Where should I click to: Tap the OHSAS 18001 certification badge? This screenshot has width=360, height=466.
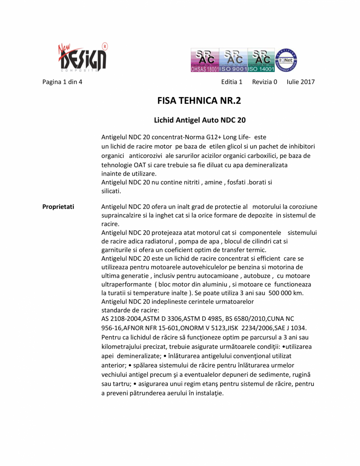[x=204, y=60]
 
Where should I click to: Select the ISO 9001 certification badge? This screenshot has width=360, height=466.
[x=233, y=60]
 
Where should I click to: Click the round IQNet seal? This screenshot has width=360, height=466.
[x=287, y=60]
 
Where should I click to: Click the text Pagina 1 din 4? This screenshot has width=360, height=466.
[x=62, y=82]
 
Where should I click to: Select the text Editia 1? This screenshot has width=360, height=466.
[x=232, y=82]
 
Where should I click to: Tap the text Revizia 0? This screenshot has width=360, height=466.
[x=264, y=82]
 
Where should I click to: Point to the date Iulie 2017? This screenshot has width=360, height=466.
[x=300, y=82]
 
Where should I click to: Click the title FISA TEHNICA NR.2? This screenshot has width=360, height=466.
[x=199, y=101]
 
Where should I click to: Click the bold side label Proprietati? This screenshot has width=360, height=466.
[x=58, y=206]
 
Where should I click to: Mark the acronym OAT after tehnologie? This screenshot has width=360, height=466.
[x=139, y=165]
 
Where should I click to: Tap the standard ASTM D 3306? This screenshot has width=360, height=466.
[x=159, y=319]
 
